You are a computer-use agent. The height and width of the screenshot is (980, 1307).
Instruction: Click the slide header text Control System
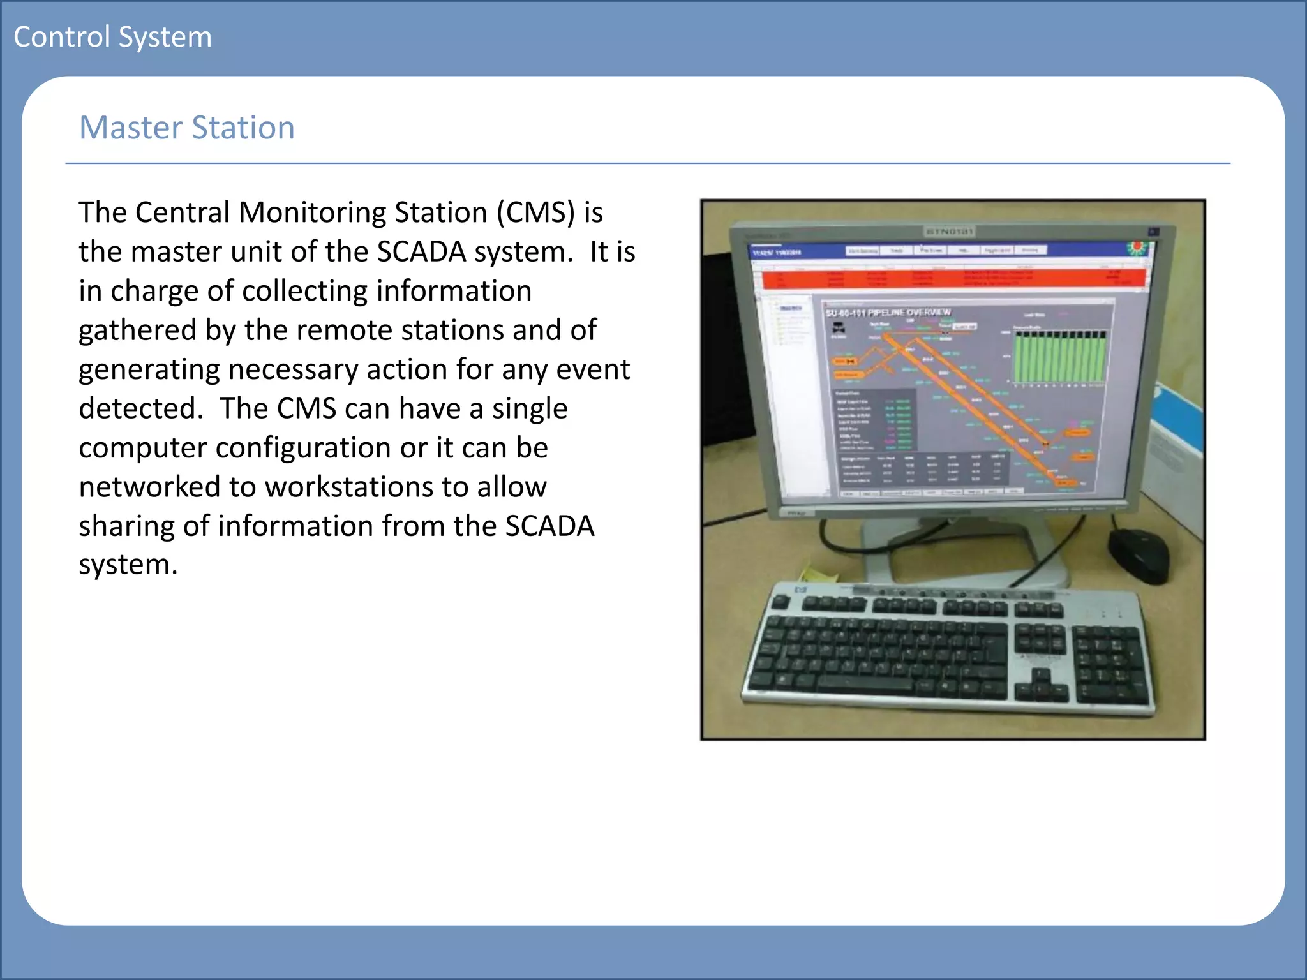112,37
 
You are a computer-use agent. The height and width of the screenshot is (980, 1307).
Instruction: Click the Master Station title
186,128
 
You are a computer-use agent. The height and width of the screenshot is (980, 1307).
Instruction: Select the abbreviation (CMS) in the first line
536,212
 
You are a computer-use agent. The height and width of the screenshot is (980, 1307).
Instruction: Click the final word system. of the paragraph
128,565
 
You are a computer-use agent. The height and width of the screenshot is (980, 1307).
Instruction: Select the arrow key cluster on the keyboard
1040,686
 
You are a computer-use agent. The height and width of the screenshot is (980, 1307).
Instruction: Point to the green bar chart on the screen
1059,357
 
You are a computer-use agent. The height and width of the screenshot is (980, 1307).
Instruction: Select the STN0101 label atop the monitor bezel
949,231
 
